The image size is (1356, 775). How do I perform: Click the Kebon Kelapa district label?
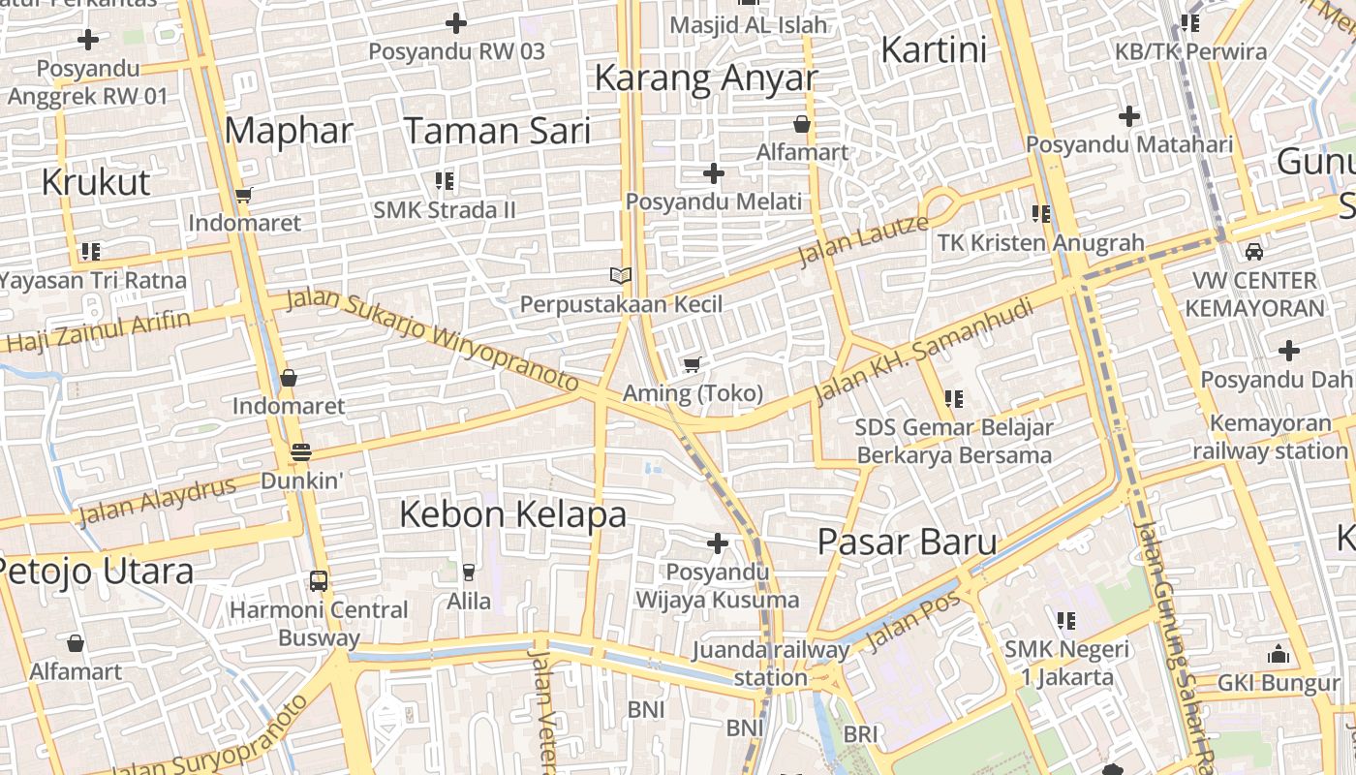click(513, 514)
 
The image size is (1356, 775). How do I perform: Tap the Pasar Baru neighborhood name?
click(907, 542)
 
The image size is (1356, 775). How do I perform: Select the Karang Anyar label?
click(706, 77)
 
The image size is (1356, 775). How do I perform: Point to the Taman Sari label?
click(497, 130)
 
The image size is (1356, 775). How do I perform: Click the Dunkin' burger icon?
click(300, 452)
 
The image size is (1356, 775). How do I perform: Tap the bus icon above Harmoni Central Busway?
click(319, 580)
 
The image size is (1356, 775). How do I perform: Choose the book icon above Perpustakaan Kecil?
click(621, 276)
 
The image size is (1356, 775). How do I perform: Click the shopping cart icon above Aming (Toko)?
click(692, 365)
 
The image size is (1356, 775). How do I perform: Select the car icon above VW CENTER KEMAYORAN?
click(1254, 252)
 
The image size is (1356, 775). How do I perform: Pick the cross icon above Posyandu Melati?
click(714, 173)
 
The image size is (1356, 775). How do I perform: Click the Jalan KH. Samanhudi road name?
click(925, 351)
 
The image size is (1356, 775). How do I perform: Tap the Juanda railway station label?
click(771, 664)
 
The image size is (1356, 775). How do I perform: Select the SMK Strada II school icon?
click(445, 181)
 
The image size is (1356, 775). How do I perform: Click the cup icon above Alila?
click(469, 573)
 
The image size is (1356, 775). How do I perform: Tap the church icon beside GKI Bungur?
click(1279, 654)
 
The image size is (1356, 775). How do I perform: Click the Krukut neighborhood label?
click(96, 182)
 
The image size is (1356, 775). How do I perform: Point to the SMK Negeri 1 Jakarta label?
click(1066, 663)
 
